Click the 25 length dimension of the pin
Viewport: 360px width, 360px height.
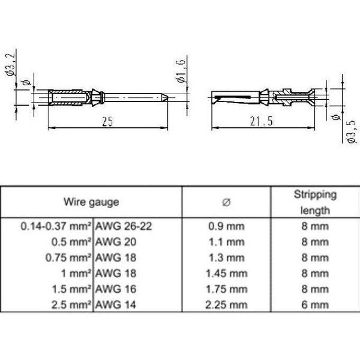click(x=107, y=121)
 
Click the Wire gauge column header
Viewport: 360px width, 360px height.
click(x=91, y=202)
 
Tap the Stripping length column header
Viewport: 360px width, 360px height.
click(x=314, y=202)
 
